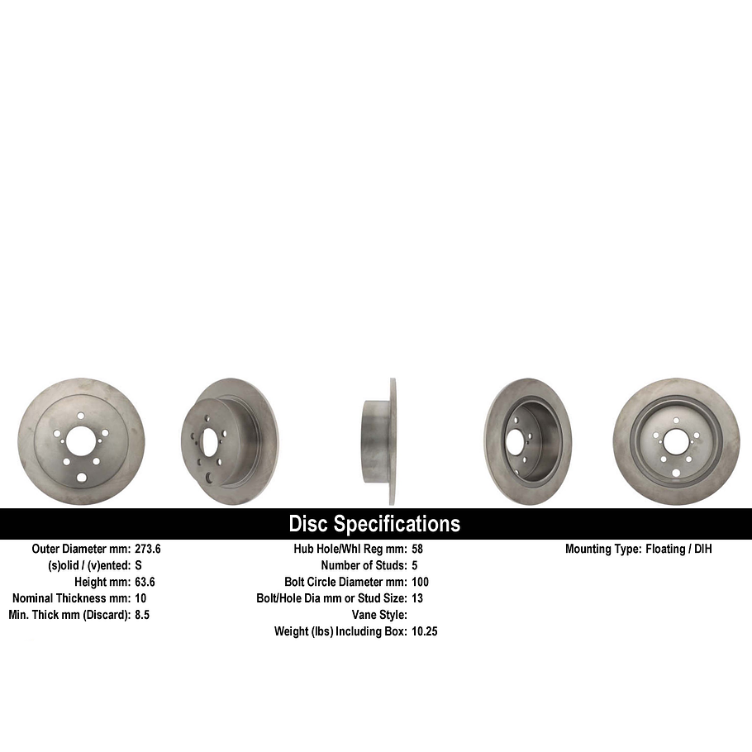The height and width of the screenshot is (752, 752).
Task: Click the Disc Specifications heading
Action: click(374, 524)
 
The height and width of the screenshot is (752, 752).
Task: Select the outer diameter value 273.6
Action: click(148, 549)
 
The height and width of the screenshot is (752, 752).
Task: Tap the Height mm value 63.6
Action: click(145, 582)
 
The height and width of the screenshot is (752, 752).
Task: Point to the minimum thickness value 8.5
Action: click(141, 615)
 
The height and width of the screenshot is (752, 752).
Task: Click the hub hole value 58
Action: click(417, 549)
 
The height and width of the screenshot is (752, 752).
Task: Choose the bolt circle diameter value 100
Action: click(420, 582)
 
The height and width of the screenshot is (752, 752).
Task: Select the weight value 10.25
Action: click(424, 631)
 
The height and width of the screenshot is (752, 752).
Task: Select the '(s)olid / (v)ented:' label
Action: click(88, 565)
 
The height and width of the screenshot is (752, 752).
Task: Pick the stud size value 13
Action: click(417, 598)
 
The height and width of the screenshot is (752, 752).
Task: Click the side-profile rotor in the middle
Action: click(379, 441)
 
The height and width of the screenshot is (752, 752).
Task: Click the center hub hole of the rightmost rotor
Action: click(677, 441)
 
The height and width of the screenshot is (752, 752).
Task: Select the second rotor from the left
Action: click(230, 441)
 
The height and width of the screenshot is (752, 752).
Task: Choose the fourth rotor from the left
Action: click(528, 441)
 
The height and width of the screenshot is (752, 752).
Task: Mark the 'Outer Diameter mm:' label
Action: click(81, 549)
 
